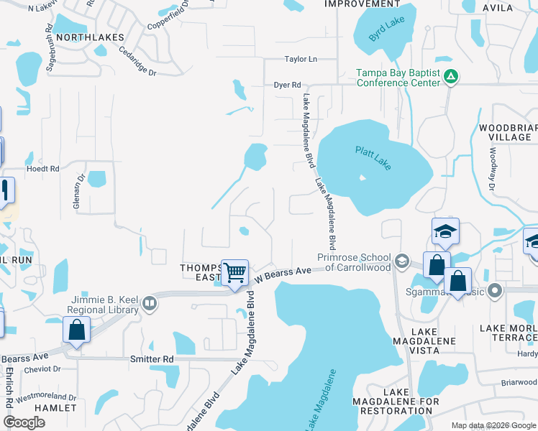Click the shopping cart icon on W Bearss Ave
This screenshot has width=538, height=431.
[234, 273]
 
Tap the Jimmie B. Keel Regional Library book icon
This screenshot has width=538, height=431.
[150, 302]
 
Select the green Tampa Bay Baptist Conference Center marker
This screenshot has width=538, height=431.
[451, 76]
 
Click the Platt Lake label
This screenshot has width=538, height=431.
[373, 158]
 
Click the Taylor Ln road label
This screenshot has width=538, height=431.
[301, 60]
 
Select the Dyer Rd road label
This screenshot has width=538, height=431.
[287, 85]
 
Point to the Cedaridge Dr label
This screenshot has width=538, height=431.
[137, 60]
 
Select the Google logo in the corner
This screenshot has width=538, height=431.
[24, 422]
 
